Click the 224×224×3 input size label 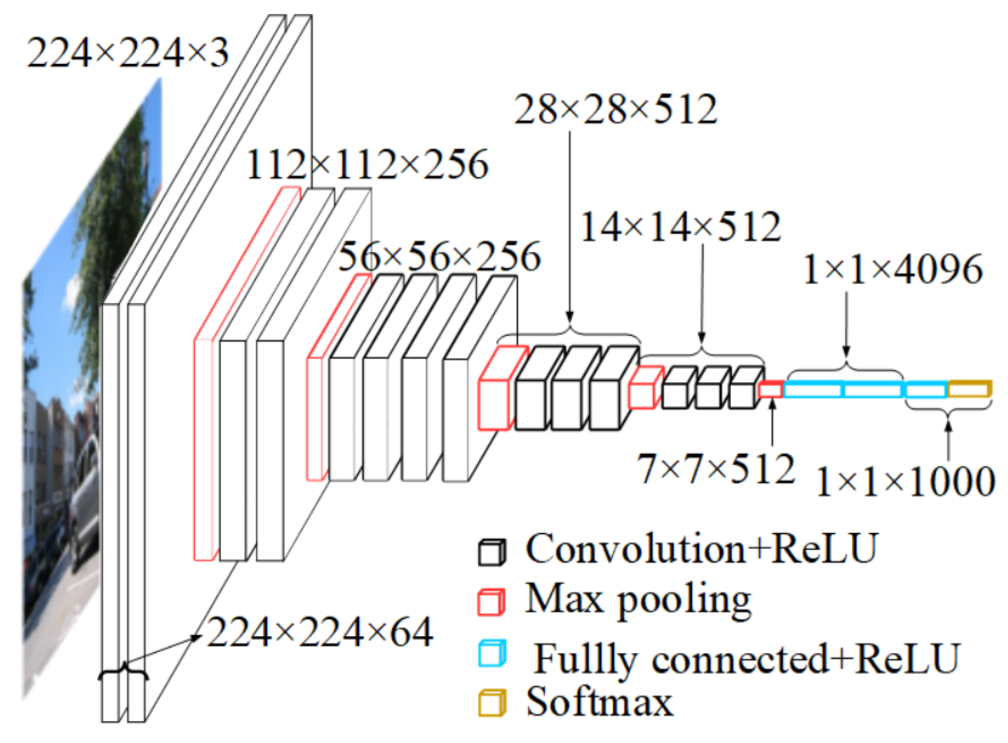pos(127,53)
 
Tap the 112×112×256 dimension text pos(367,164)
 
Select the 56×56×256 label pos(439,257)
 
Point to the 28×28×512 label pos(615,110)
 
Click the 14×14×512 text pos(680,227)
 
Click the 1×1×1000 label pos(905,482)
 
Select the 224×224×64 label pos(320,632)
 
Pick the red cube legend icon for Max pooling pos(491,602)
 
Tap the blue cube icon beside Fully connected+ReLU pos(491,653)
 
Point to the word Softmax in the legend pos(599,702)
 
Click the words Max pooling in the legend pos(638,600)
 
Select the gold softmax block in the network pos(969,389)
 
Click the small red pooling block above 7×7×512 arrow pos(771,390)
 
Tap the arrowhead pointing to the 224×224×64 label pos(197,638)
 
